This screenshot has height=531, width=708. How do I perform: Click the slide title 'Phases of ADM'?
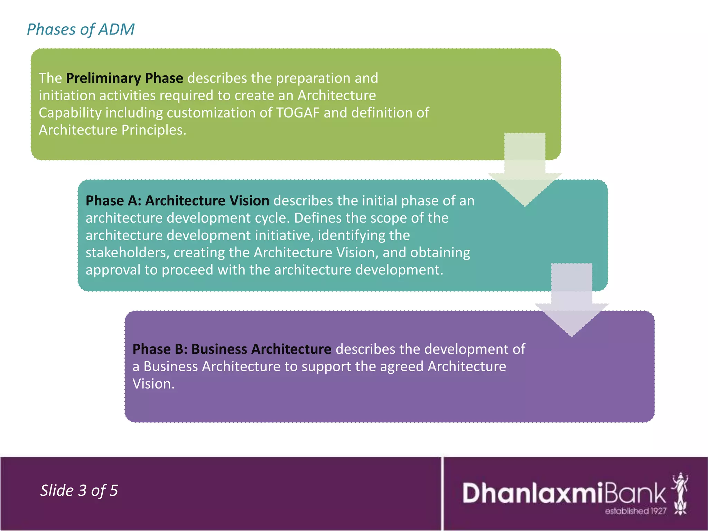81,29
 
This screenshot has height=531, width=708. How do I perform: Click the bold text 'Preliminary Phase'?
124,78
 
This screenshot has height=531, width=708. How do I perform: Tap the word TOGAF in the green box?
298,113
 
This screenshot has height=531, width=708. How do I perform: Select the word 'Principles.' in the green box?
154,130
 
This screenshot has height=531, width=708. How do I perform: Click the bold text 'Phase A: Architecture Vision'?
177,201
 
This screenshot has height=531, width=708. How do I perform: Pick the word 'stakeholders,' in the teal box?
128,252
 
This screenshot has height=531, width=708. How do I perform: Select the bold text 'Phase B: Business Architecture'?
232,349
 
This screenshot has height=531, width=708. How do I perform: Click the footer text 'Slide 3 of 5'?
79,490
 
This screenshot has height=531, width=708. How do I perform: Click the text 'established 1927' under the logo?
635,511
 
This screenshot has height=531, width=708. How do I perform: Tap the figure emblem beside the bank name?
680,494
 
